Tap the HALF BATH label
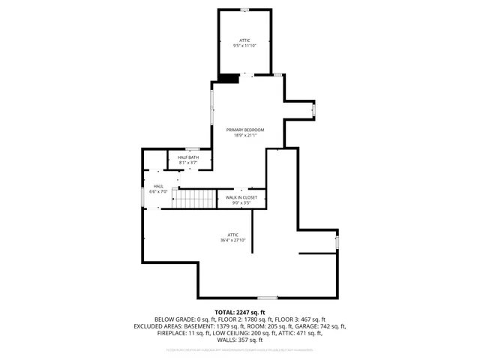[x=187, y=157]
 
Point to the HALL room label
[x=158, y=186]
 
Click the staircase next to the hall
[x=194, y=199]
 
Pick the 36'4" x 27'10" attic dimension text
[x=232, y=240]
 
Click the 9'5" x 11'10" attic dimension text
[x=244, y=46]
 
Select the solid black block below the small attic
[x=229, y=78]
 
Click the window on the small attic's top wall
[x=244, y=10]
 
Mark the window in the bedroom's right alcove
[x=314, y=110]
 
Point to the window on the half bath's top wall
[x=193, y=148]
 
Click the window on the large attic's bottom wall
[x=268, y=298]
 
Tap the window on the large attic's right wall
[x=337, y=242]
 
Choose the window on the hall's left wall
[x=142, y=196]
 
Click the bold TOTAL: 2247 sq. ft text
[x=240, y=311]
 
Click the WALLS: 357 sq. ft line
[x=240, y=340]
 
